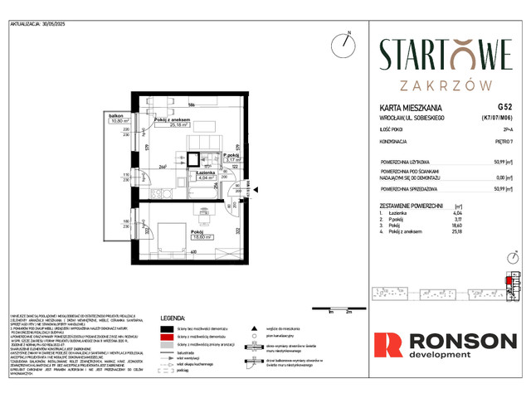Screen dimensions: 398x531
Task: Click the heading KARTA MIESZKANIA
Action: (406, 108)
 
